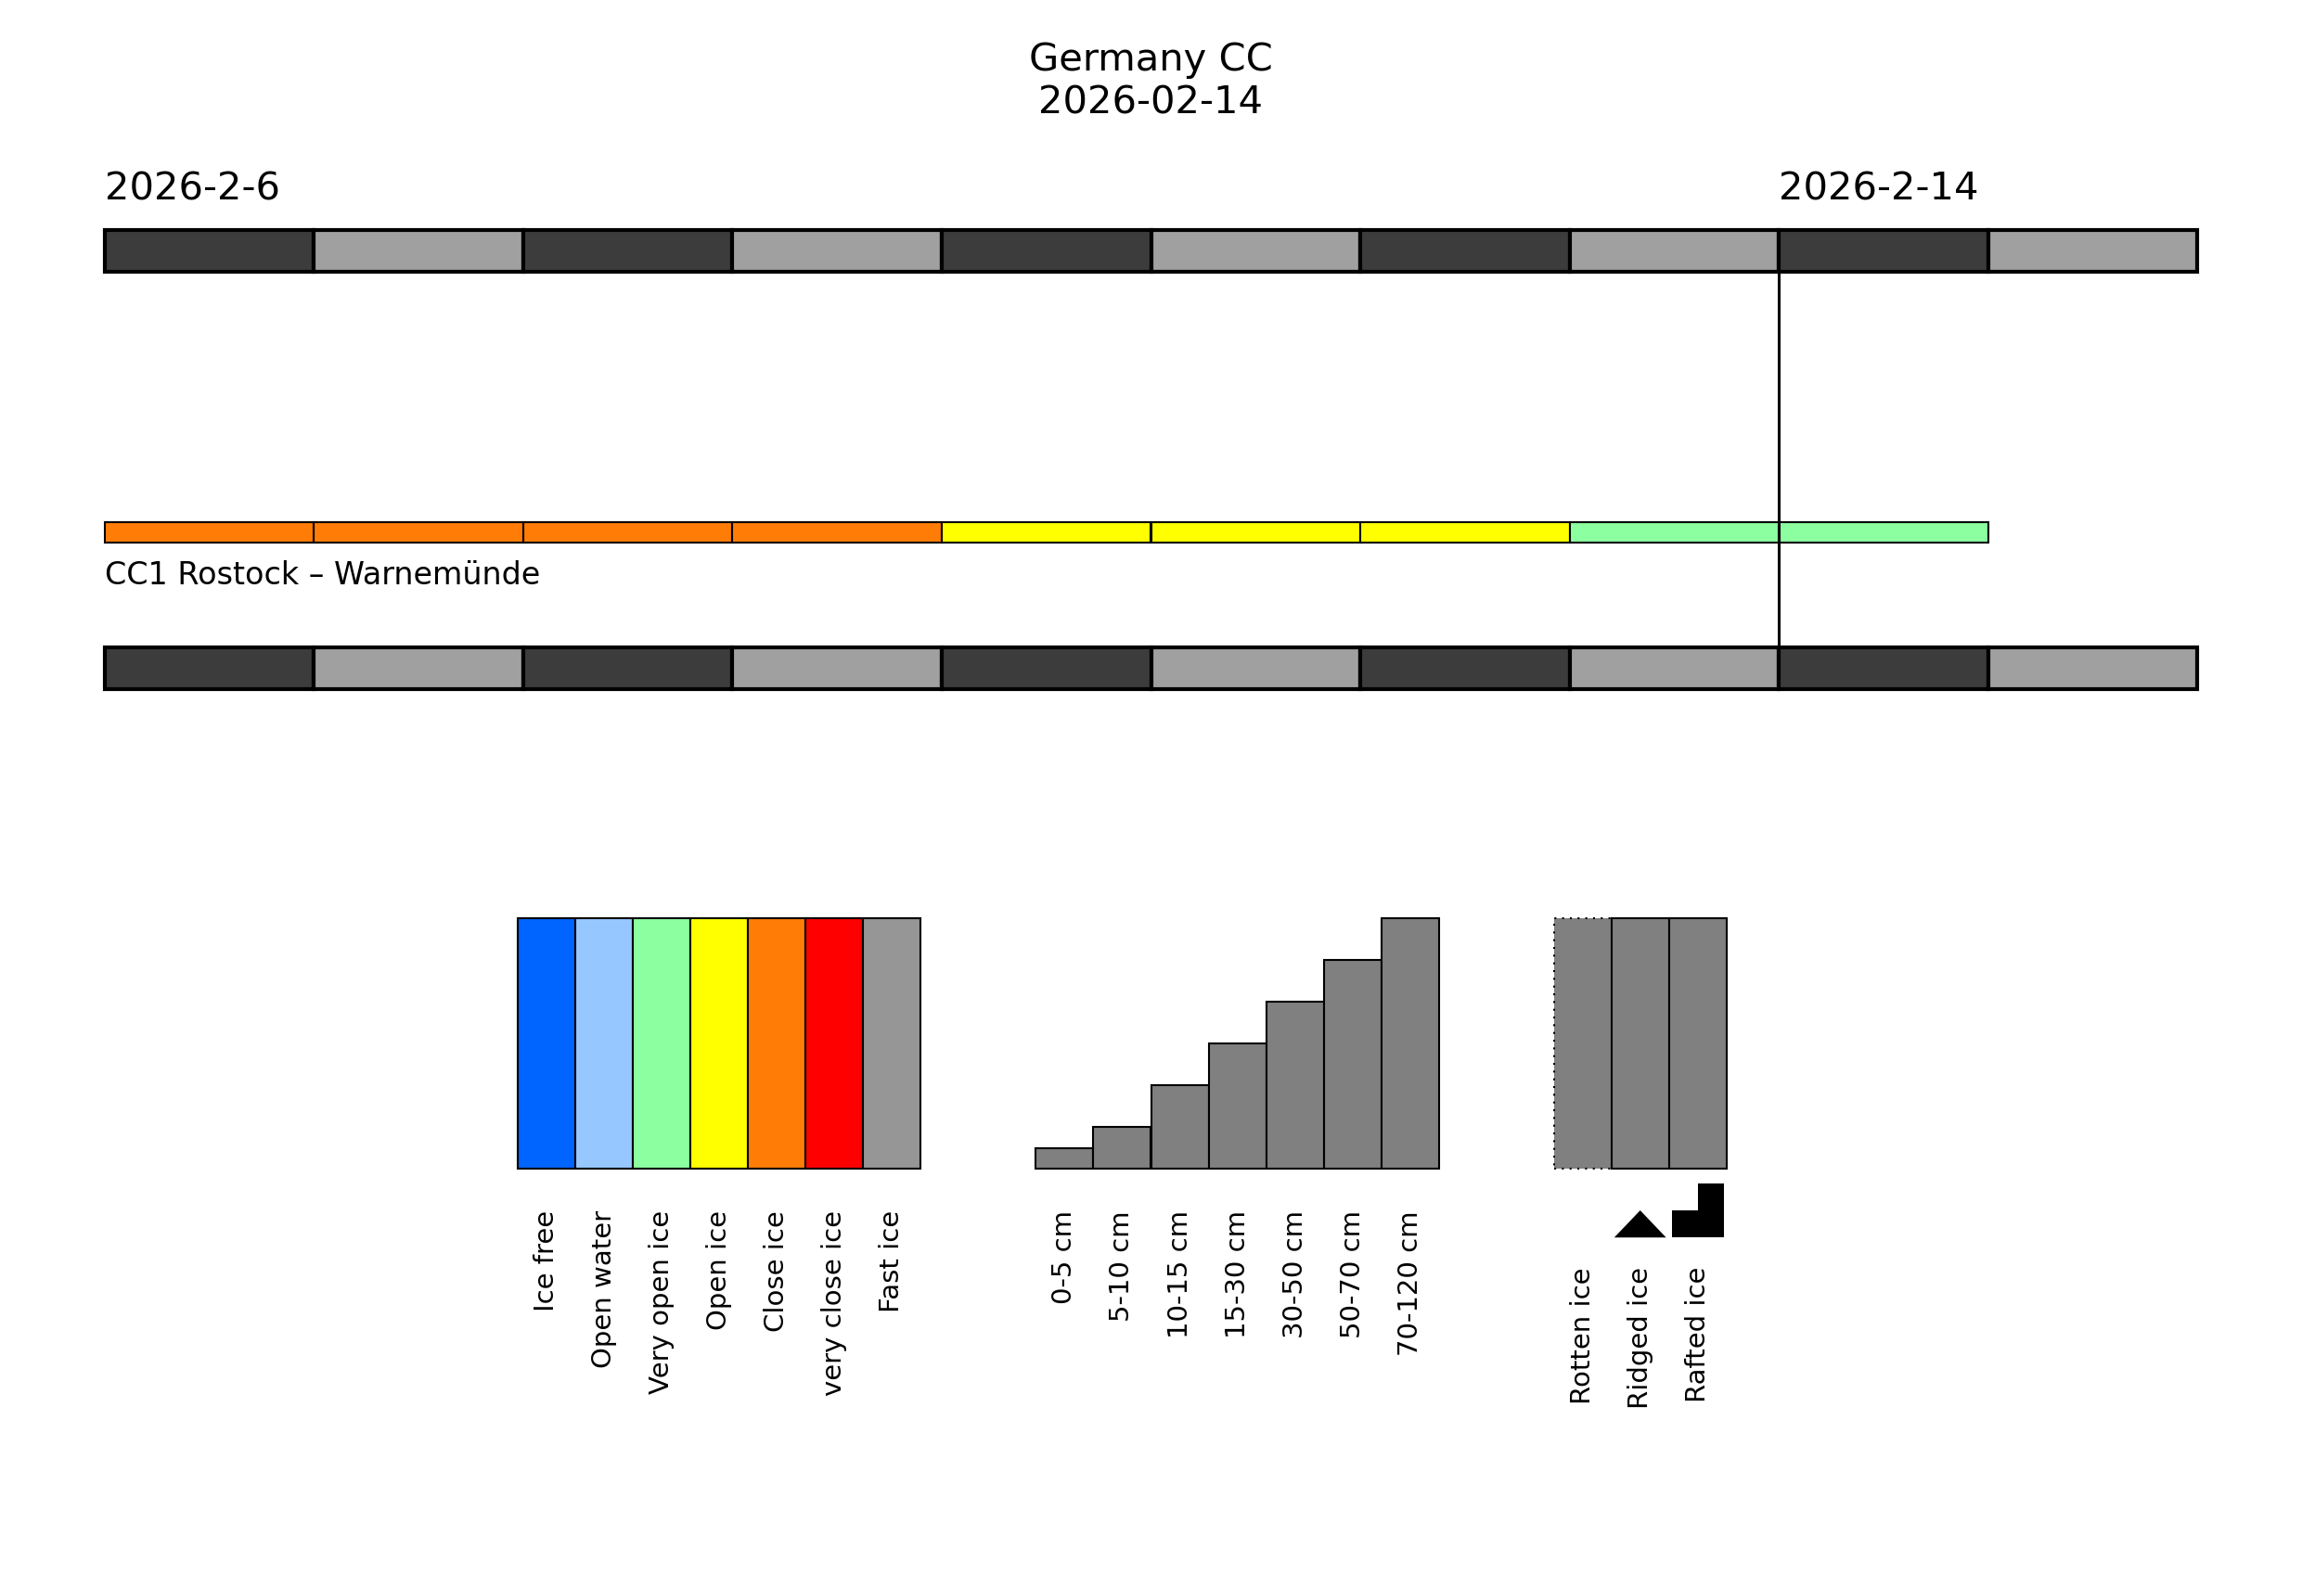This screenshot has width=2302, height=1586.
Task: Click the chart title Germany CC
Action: pos(1150,58)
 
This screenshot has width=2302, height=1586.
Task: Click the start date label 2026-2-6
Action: pos(192,186)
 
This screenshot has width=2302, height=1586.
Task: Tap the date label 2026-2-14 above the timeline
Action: pos(1878,186)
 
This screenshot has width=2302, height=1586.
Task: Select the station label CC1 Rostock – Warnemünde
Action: pos(322,574)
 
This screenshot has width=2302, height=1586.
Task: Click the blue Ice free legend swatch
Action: pos(546,1043)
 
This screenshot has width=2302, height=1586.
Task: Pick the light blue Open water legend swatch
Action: pos(603,1043)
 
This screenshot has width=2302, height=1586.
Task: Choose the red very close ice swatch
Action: pos(834,1043)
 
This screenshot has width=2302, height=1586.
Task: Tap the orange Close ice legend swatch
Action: pos(777,1043)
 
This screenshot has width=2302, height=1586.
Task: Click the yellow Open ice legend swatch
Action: pos(719,1043)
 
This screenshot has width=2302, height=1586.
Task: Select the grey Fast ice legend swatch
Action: pos(892,1043)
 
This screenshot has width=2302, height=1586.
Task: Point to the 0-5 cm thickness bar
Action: pos(1063,1158)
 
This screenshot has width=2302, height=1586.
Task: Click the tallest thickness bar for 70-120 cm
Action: pos(1409,1043)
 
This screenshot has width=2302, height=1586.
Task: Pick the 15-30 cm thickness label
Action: pos(1234,1275)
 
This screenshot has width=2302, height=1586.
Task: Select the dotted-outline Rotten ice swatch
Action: pos(1582,1043)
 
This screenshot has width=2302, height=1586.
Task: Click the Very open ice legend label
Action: pos(659,1303)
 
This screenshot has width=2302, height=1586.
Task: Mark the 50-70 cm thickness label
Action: pos(1350,1275)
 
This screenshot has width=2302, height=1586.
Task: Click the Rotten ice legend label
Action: pos(1580,1336)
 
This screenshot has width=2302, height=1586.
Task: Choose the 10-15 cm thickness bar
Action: pos(1178,1127)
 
